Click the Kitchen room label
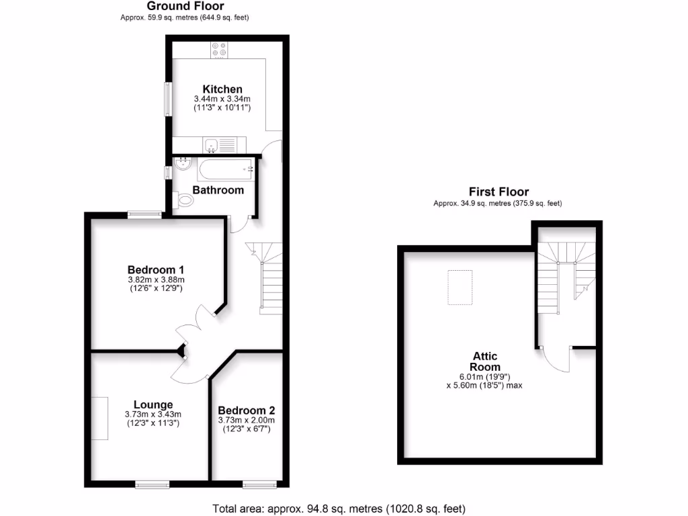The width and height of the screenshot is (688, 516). (x=222, y=89)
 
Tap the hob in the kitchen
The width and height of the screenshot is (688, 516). (x=219, y=50)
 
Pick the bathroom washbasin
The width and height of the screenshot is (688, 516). (x=182, y=163)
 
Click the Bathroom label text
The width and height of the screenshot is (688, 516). (x=218, y=190)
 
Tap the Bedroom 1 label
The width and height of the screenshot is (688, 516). (x=156, y=269)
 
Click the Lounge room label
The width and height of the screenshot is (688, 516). (x=153, y=404)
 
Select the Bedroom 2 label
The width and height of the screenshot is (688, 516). (x=246, y=411)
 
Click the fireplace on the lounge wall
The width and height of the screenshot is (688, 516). (x=99, y=418)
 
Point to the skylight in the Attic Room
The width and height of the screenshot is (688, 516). (x=460, y=287)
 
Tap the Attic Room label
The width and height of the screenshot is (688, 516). (x=484, y=361)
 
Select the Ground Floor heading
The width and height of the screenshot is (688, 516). (x=177, y=6)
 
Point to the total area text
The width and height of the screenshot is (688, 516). (x=339, y=509)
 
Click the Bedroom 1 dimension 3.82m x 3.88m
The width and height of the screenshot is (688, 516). (x=156, y=279)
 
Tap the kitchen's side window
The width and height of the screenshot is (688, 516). (x=168, y=99)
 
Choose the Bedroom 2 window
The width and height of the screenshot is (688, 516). (x=259, y=484)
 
